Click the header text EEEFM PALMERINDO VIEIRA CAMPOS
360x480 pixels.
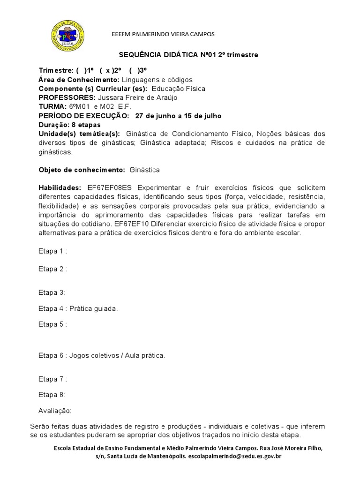162,34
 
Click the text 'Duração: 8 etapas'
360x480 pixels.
70,125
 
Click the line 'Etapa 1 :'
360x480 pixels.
52,251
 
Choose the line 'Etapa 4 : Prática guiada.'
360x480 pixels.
78,308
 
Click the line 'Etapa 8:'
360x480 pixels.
52,395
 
